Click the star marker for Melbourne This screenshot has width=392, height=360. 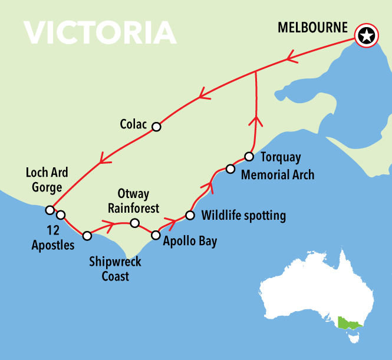click(x=367, y=37)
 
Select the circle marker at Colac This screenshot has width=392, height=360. click(x=156, y=127)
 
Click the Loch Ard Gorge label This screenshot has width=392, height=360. click(x=47, y=180)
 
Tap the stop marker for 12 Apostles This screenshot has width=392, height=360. click(x=60, y=215)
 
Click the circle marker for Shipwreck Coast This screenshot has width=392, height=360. click(x=87, y=236)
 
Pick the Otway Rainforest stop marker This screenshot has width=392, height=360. click(x=134, y=223)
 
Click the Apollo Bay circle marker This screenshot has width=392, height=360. click(x=156, y=235)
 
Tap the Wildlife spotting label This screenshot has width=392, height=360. click(x=243, y=216)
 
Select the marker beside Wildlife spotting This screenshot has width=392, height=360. click(x=190, y=215)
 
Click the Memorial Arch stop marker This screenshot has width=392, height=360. click(x=230, y=170)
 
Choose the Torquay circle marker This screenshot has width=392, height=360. click(x=249, y=157)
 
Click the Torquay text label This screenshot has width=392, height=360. click(x=281, y=157)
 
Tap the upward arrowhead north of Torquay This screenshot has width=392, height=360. click(x=255, y=121)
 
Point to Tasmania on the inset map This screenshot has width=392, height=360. click(x=354, y=338)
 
